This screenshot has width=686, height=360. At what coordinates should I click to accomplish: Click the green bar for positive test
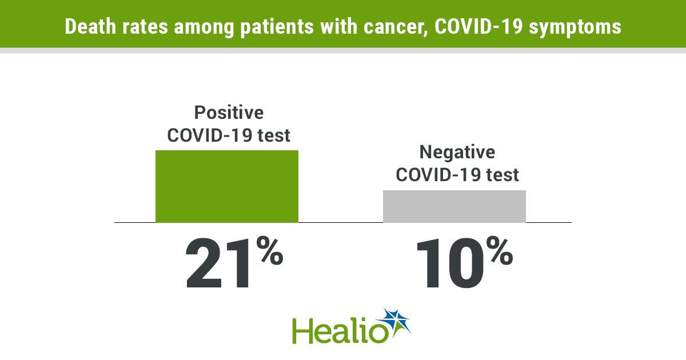pyautogui.click(x=227, y=186)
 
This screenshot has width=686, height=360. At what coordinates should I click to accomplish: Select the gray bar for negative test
pyautogui.click(x=454, y=206)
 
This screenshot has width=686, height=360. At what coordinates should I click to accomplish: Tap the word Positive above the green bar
pyautogui.click(x=229, y=113)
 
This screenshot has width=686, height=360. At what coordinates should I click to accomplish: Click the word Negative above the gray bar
pyautogui.click(x=457, y=152)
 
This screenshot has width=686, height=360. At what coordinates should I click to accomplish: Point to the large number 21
pyautogui.click(x=218, y=263)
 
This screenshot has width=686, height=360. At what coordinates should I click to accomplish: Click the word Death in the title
pyautogui.click(x=90, y=26)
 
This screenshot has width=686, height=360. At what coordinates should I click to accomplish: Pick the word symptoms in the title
pyautogui.click(x=575, y=27)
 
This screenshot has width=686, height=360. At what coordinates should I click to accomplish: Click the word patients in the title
pyautogui.click(x=277, y=27)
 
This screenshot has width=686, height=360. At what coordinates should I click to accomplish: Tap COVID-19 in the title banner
pyautogui.click(x=478, y=26)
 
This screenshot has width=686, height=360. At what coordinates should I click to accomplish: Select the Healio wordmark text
pyautogui.click(x=340, y=331)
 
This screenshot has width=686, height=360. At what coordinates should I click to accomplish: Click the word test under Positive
pyautogui.click(x=273, y=135)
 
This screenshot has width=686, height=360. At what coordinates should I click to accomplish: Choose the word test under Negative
pyautogui.click(x=502, y=175)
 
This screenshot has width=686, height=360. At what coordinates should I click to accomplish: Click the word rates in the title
pyautogui.click(x=145, y=27)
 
